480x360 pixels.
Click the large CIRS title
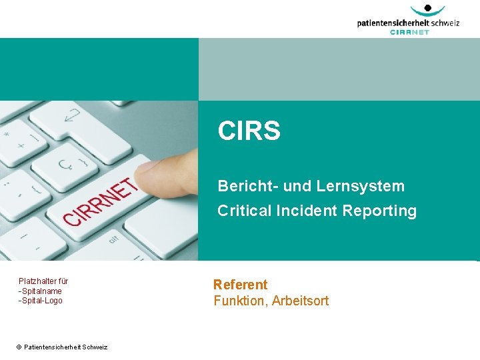[x=249, y=131]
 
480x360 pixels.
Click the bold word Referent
[x=240, y=285]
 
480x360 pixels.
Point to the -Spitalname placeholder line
[x=40, y=291]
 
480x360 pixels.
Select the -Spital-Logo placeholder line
[x=40, y=301]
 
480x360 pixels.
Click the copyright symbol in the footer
[x=19, y=347]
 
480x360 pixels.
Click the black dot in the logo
[x=428, y=8]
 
